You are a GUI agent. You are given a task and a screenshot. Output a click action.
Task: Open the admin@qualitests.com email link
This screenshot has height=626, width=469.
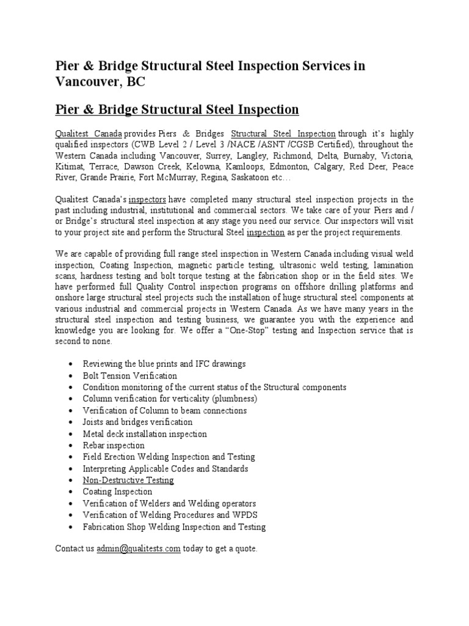point(138,549)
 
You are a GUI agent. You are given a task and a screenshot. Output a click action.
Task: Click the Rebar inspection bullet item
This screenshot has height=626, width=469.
point(114,446)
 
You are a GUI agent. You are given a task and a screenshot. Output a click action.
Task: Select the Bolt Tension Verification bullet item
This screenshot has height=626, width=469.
point(130,376)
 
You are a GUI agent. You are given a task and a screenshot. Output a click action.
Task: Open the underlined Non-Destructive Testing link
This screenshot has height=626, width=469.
point(128,481)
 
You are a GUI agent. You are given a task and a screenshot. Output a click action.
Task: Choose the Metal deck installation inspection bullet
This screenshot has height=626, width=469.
point(145,434)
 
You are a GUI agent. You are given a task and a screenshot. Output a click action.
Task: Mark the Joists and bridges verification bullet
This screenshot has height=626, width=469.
point(137,422)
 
